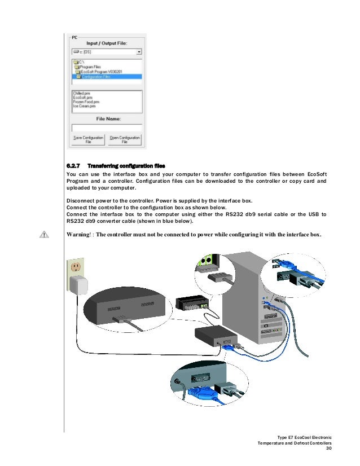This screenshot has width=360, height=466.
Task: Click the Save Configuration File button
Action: tap(89, 140)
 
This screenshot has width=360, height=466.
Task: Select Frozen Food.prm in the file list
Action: tap(87, 102)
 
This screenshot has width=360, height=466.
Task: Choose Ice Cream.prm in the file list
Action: tap(85, 106)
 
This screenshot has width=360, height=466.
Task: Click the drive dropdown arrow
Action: tap(139, 51)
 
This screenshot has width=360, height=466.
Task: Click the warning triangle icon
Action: tap(43, 235)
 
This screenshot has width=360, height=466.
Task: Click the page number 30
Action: tap(331, 450)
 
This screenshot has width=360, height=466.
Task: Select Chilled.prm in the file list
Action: tap(82, 93)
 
